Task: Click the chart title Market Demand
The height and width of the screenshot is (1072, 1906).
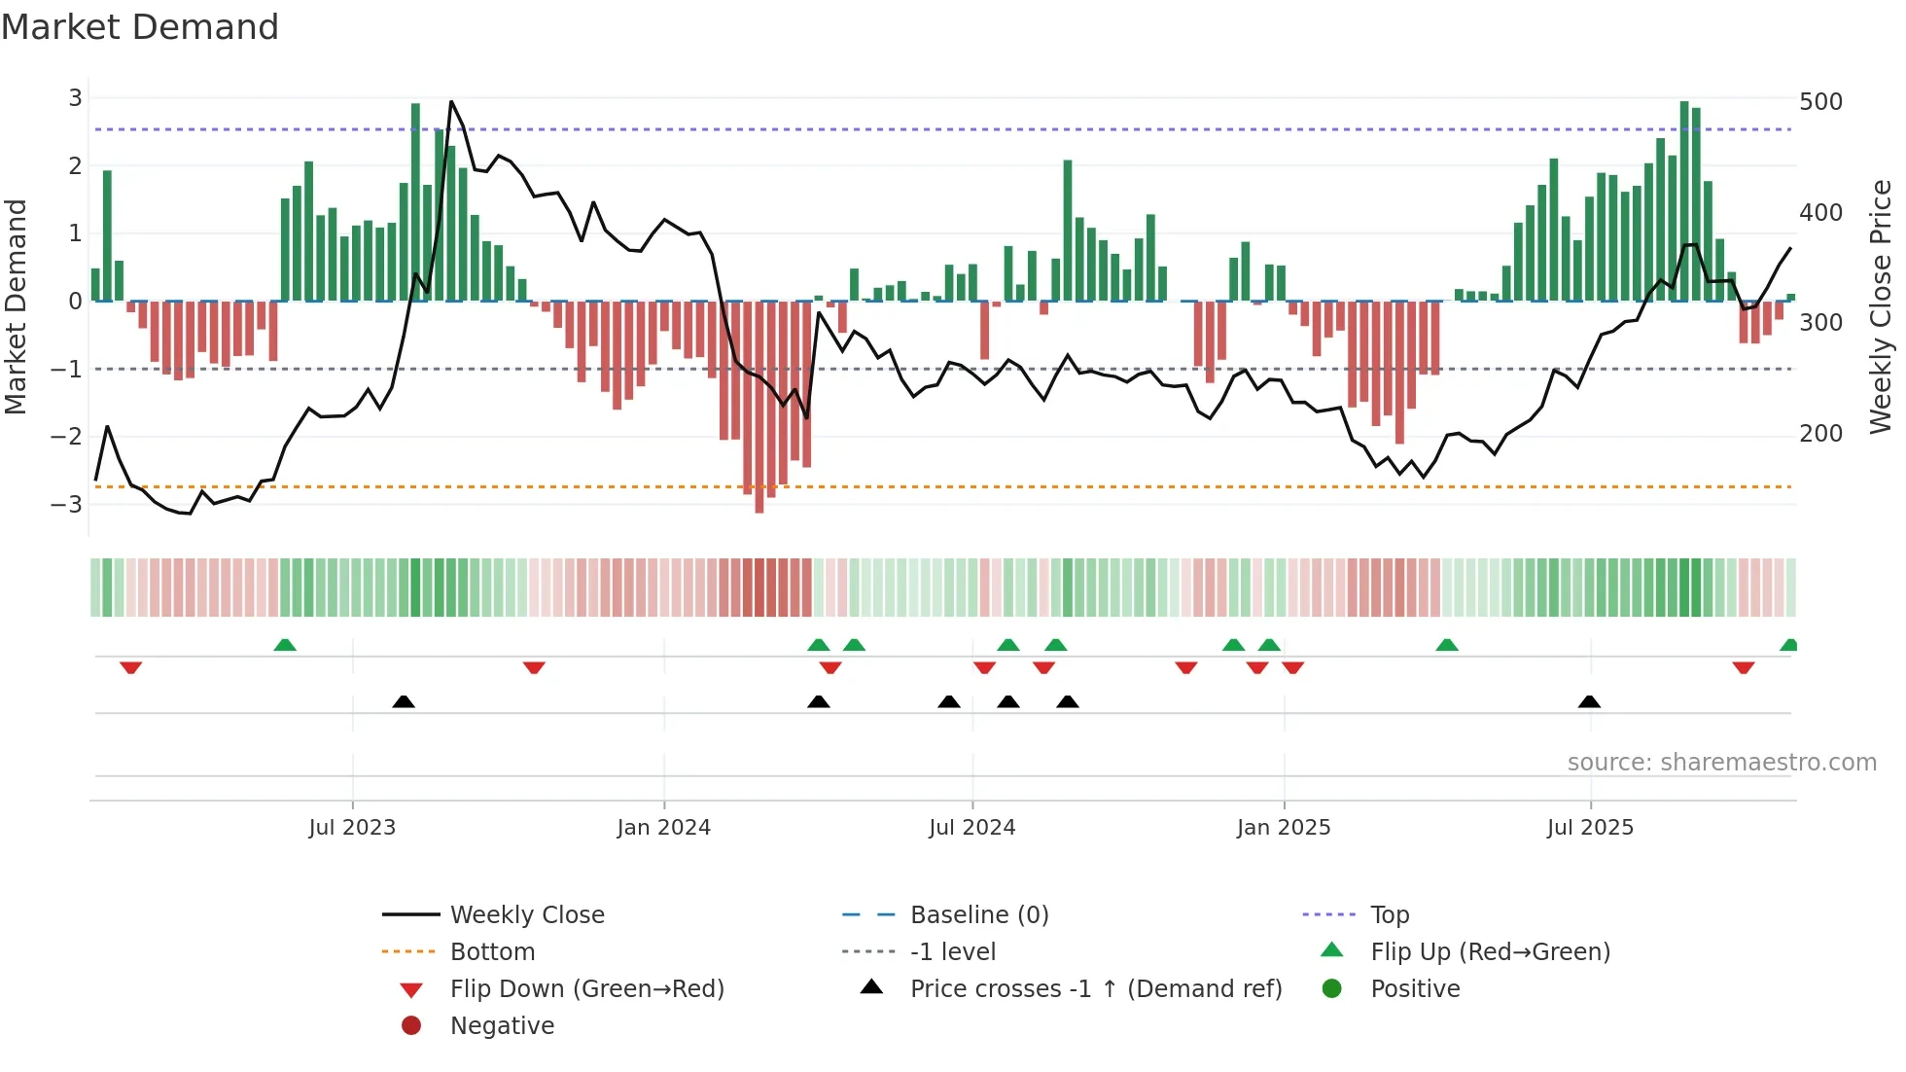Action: pyautogui.click(x=140, y=27)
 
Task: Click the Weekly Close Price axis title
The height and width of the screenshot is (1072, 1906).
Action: pyautogui.click(x=1881, y=305)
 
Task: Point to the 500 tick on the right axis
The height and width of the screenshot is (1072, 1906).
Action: pyautogui.click(x=1820, y=102)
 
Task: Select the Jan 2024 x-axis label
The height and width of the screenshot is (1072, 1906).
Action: pyautogui.click(x=663, y=828)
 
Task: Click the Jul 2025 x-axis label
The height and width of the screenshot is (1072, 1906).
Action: pyautogui.click(x=1590, y=828)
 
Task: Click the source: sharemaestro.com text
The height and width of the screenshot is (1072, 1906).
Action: pyautogui.click(x=1721, y=763)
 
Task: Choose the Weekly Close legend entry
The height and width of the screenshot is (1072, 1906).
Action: pyautogui.click(x=526, y=915)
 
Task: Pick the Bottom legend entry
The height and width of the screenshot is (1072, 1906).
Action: pyautogui.click(x=492, y=952)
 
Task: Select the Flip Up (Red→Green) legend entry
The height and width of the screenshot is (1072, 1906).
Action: pyautogui.click(x=1490, y=952)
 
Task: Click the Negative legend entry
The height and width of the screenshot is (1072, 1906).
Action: pyautogui.click(x=502, y=1026)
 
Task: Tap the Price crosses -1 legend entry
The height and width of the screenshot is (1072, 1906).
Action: pyautogui.click(x=1095, y=989)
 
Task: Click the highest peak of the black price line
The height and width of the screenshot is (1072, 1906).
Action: pyautogui.click(x=451, y=101)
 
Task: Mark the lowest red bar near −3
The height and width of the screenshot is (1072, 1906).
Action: pyautogui.click(x=759, y=506)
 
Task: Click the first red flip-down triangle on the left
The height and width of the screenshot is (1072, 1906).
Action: pyautogui.click(x=131, y=667)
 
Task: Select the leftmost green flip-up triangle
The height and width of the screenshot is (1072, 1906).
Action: pyautogui.click(x=285, y=645)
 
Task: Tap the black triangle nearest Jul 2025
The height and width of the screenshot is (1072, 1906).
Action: pyautogui.click(x=1589, y=701)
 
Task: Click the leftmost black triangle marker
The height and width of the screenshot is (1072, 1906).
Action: pyautogui.click(x=404, y=701)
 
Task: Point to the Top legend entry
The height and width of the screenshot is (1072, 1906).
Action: pyautogui.click(x=1389, y=915)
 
